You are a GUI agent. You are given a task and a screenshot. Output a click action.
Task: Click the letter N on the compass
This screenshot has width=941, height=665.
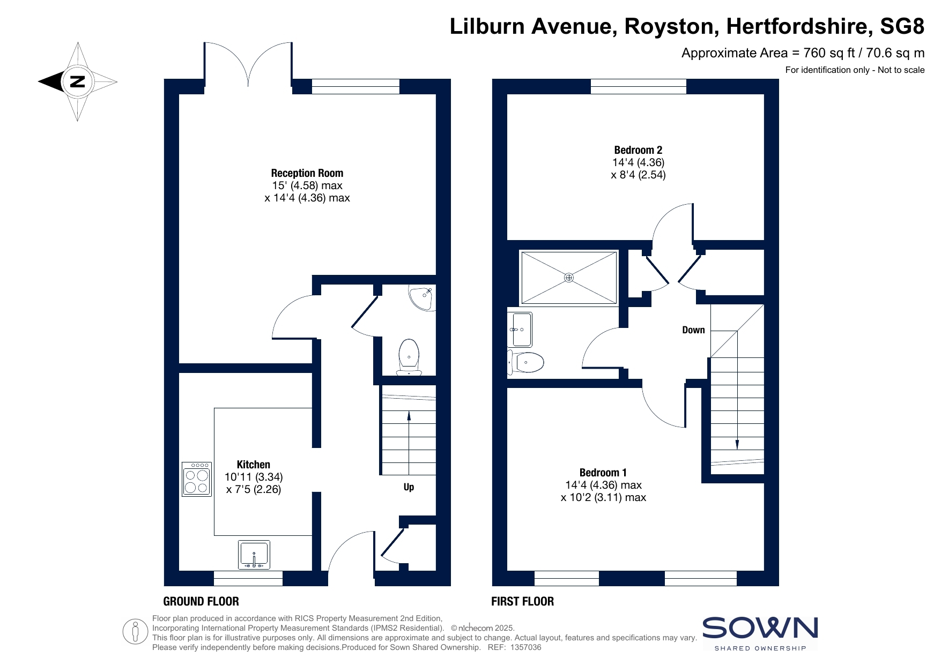[x=78, y=82]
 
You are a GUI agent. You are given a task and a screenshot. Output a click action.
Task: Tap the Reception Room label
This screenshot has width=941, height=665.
[x=307, y=173]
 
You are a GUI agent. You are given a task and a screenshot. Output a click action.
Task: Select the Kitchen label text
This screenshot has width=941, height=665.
[x=254, y=465]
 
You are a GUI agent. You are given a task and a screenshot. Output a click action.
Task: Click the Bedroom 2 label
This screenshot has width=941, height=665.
[x=638, y=150]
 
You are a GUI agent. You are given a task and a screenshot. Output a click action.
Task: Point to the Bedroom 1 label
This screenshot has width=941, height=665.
[x=603, y=473]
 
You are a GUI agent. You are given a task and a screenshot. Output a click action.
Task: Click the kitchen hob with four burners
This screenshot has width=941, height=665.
[x=197, y=479]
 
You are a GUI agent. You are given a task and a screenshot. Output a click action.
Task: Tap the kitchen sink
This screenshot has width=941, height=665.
[x=254, y=555]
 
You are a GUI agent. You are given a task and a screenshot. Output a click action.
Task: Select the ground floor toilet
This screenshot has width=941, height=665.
[x=409, y=357]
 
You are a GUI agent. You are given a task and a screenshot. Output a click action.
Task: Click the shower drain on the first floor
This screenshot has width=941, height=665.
[x=569, y=278]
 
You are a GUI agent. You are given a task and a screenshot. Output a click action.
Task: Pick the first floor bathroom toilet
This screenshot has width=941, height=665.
[x=526, y=362]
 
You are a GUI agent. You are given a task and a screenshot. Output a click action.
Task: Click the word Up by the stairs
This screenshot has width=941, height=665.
[x=409, y=487]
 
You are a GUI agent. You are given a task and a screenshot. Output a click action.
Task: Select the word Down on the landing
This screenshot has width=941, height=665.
[x=693, y=330]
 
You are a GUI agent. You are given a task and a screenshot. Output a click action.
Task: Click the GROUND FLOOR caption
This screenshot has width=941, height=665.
[x=201, y=601]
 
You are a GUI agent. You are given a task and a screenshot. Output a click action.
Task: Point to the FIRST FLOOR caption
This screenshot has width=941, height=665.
[x=523, y=601]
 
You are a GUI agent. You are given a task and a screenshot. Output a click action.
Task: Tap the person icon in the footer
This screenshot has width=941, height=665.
[x=135, y=632]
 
